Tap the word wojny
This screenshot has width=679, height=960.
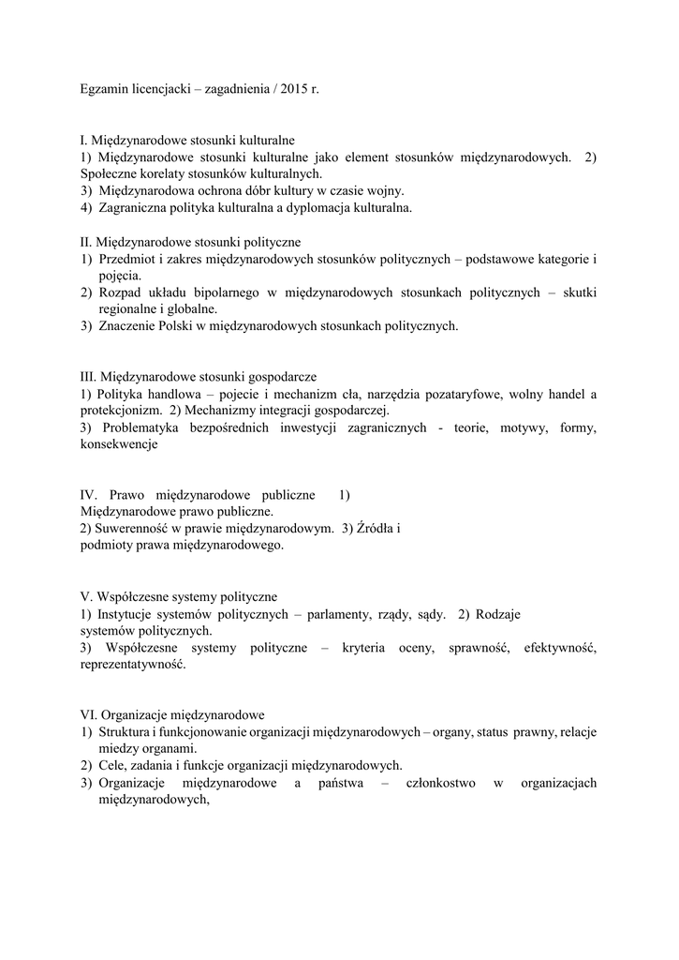point(385,189)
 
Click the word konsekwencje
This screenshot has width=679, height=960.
point(120,445)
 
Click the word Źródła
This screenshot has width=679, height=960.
point(377,528)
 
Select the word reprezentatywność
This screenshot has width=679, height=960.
point(134,665)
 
